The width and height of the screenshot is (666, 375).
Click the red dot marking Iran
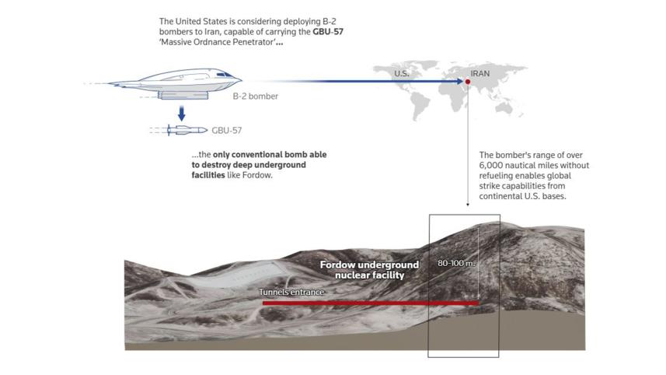point(468,82)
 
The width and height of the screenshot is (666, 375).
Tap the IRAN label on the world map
point(480,74)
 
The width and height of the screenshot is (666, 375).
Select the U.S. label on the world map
point(401,74)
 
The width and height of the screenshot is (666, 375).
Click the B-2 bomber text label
point(255,96)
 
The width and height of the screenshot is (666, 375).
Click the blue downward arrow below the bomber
point(181,114)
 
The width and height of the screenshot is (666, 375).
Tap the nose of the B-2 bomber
point(240,79)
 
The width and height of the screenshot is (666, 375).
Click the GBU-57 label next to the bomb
point(226,131)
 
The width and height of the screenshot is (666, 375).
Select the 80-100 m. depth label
point(456,263)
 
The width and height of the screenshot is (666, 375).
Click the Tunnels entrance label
point(291,292)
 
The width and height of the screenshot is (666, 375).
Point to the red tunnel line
point(371,303)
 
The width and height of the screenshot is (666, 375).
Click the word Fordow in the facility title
point(337,265)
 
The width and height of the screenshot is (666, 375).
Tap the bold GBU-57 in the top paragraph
point(328,31)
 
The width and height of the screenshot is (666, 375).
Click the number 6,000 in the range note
point(490,166)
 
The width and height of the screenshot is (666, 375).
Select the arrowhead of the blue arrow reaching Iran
point(460,81)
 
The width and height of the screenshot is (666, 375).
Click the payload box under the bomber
point(183,95)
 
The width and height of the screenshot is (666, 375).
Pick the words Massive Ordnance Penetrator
point(218,42)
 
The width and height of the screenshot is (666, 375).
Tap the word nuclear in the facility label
point(350,275)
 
